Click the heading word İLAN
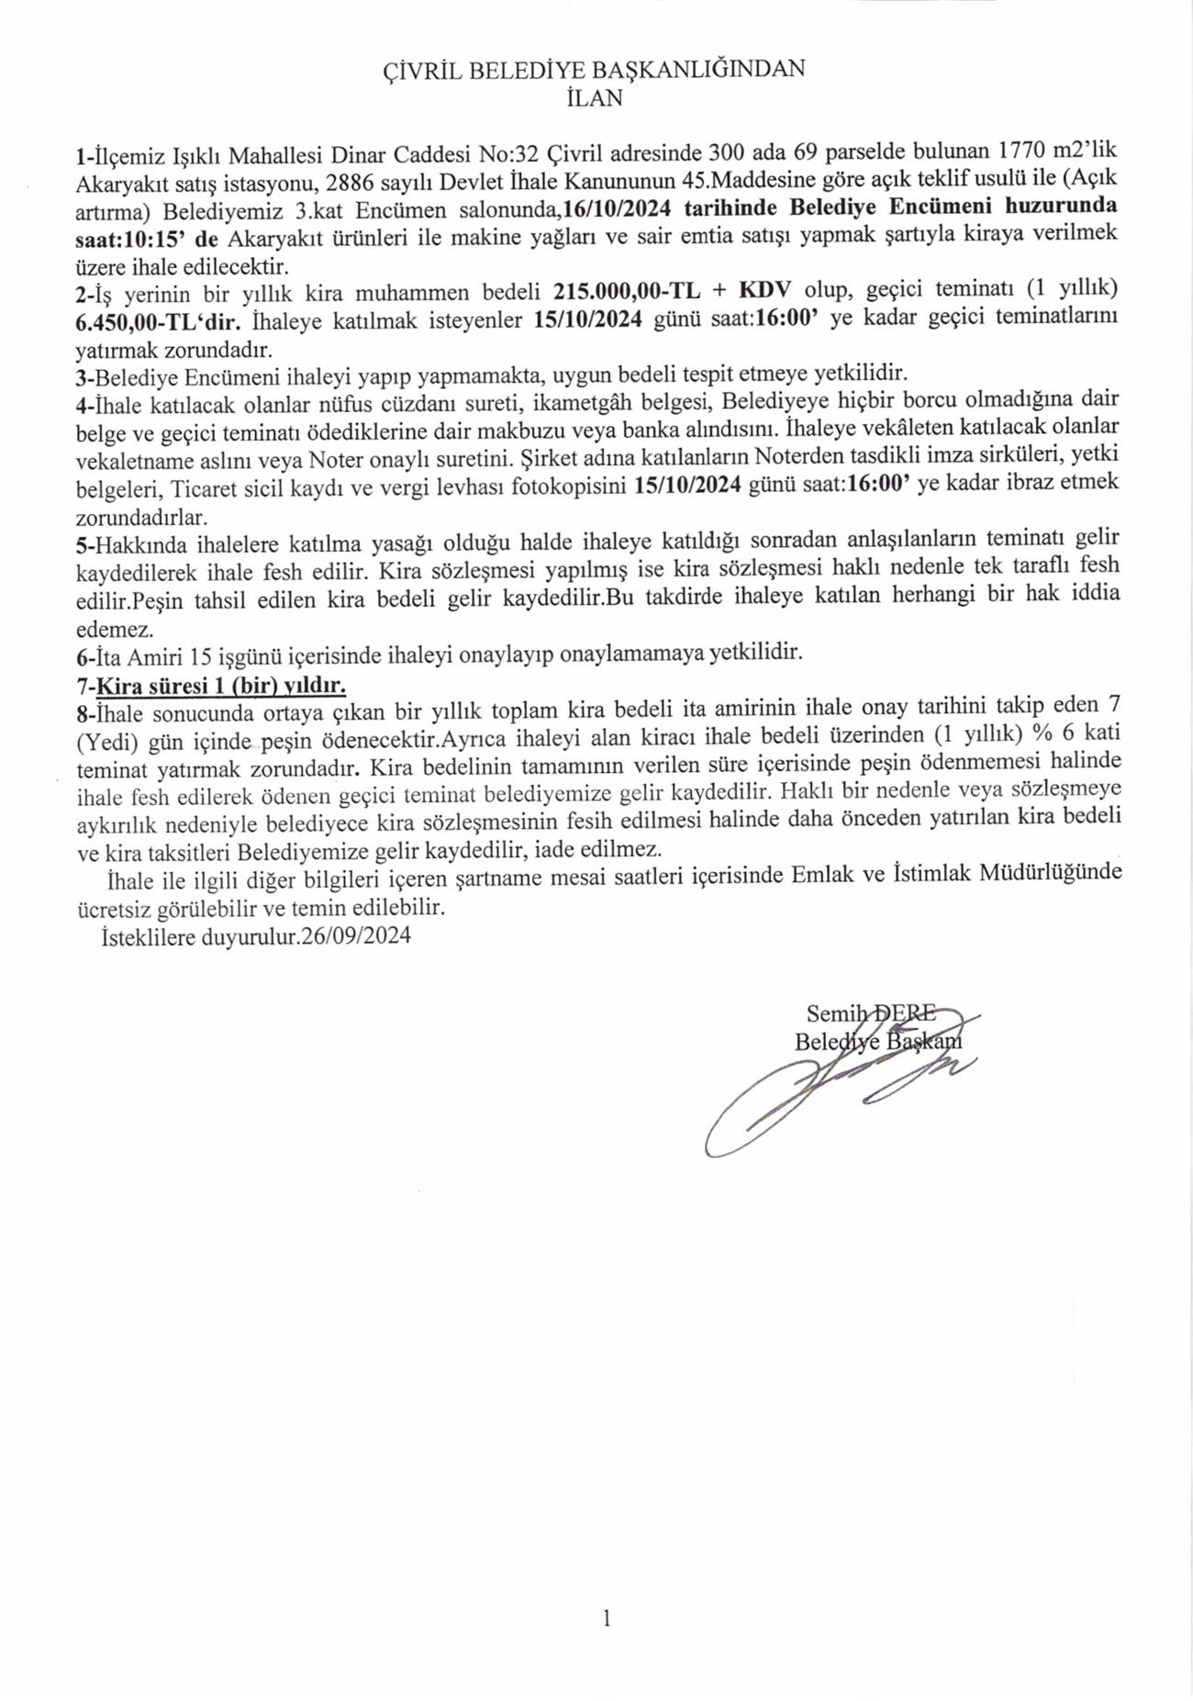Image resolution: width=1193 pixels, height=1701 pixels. pyautogui.click(x=596, y=98)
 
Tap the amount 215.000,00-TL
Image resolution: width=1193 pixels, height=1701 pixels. pyautogui.click(x=627, y=293)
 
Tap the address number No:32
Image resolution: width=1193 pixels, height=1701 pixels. pyautogui.click(x=507, y=151)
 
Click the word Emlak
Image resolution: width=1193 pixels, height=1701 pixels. pyautogui.click(x=831, y=873)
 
